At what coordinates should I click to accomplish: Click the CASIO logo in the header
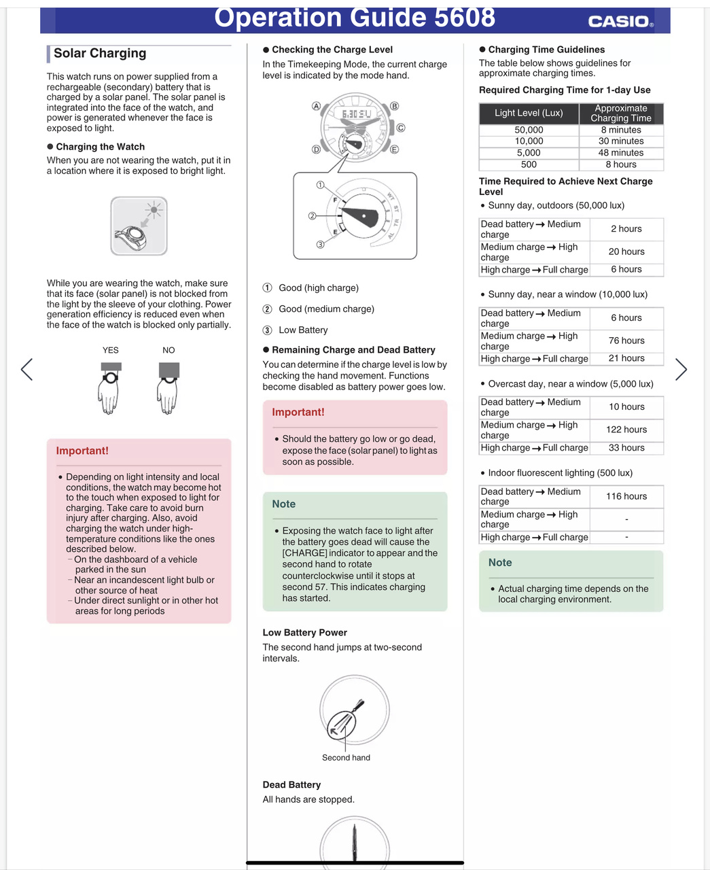pyautogui.click(x=620, y=21)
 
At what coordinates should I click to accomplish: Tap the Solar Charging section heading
pyautogui.click(x=100, y=53)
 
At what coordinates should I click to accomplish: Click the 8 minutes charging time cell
pyautogui.click(x=621, y=130)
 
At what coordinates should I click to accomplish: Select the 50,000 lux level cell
pyautogui.click(x=529, y=130)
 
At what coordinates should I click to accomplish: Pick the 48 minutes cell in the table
pyautogui.click(x=621, y=153)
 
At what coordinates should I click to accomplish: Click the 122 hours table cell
pyautogui.click(x=626, y=430)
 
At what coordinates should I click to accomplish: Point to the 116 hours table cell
pyautogui.click(x=626, y=496)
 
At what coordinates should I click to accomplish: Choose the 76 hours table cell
pyautogui.click(x=626, y=341)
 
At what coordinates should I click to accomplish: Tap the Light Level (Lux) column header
pyautogui.click(x=529, y=113)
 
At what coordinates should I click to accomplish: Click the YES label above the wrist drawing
pyautogui.click(x=111, y=350)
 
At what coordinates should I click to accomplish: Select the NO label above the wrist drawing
pyautogui.click(x=168, y=350)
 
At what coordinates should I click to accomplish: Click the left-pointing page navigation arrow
pyautogui.click(x=26, y=369)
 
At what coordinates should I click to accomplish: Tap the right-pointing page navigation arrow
pyautogui.click(x=681, y=369)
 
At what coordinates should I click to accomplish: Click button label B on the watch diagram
pyautogui.click(x=395, y=106)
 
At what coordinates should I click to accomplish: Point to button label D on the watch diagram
pyautogui.click(x=316, y=150)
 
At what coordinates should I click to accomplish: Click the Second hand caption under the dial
pyautogui.click(x=346, y=758)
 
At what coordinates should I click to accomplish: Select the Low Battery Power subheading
pyautogui.click(x=304, y=633)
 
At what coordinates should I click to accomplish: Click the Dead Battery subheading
pyautogui.click(x=291, y=785)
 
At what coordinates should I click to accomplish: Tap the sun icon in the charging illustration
pyautogui.click(x=154, y=210)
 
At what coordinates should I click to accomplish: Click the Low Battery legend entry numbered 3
pyautogui.click(x=303, y=330)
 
